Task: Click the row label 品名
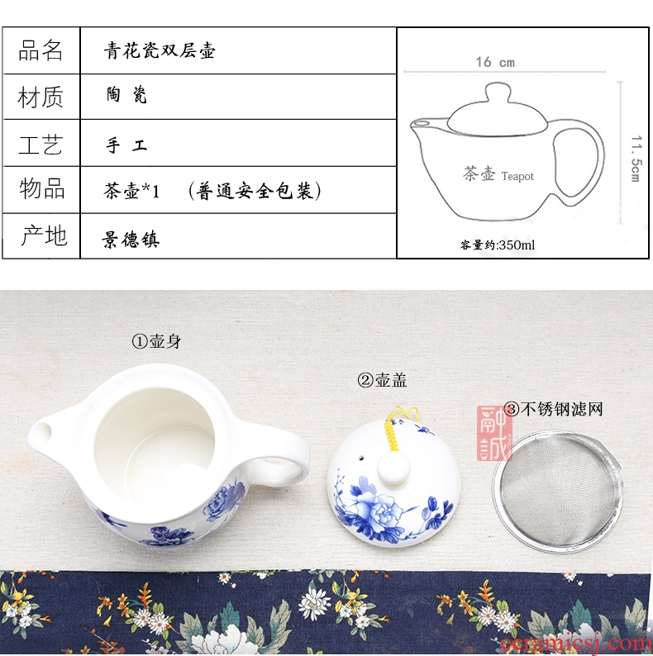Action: tap(41, 50)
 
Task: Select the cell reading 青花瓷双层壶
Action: tap(160, 50)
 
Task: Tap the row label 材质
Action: tap(41, 97)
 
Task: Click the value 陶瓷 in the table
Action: tap(126, 95)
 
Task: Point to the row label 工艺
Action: tap(41, 145)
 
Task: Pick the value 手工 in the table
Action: tap(126, 145)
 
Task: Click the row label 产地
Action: tap(44, 235)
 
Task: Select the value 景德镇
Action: tap(131, 240)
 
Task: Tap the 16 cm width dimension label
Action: tap(495, 62)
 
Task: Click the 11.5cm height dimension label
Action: tap(636, 159)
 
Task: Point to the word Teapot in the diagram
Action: tap(517, 176)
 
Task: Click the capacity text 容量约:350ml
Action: tap(498, 245)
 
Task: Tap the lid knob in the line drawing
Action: tap(498, 92)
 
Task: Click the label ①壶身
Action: tap(156, 341)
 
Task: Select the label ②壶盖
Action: tap(382, 380)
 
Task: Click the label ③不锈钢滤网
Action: tap(553, 409)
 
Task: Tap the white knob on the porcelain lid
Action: tap(393, 468)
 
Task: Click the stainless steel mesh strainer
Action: tap(557, 491)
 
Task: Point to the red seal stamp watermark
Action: tap(494, 433)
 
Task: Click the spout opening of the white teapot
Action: tap(41, 433)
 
